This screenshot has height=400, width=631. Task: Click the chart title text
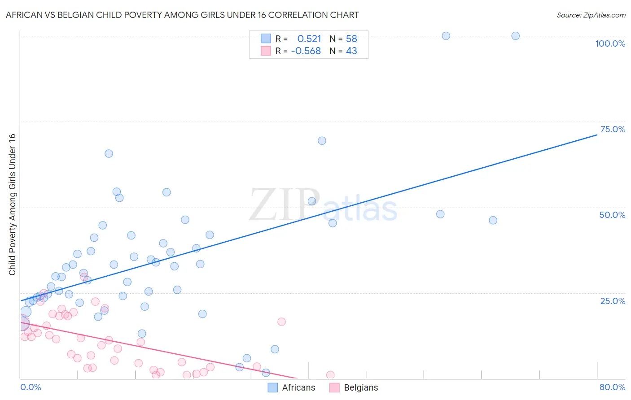tap(182, 15)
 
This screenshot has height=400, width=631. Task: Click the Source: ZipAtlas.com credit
tap(591, 15)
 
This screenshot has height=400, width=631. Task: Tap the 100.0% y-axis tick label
tap(610, 43)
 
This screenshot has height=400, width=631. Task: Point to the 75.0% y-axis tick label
tap(613, 129)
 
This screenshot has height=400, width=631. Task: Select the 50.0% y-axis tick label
tap(612, 215)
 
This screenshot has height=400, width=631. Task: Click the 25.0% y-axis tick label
tap(613, 300)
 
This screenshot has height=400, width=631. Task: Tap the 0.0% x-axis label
tap(31, 387)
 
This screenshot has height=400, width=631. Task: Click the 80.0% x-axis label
tap(612, 387)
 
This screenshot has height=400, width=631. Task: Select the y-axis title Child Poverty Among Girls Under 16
tap(12, 204)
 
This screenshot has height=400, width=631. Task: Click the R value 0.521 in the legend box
tap(309, 39)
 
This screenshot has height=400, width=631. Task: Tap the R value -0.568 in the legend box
tap(306, 51)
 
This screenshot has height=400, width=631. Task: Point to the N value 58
tap(351, 39)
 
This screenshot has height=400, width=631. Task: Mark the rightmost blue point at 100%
tap(515, 36)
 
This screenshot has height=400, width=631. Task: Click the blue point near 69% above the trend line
tap(322, 141)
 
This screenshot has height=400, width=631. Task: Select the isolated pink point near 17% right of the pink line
tap(281, 322)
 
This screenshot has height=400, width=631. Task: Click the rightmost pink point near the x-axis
tap(330, 375)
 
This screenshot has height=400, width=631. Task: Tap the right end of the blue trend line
tap(597, 135)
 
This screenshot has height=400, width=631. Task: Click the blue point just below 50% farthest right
tap(493, 220)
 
